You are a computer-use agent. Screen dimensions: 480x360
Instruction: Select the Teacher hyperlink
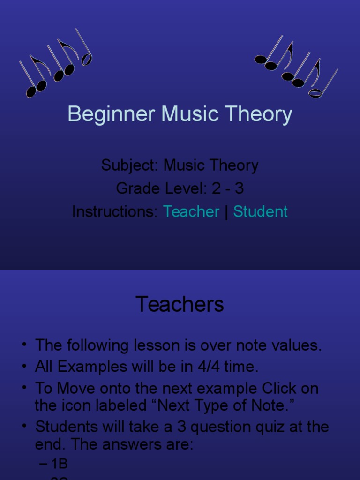click(x=191, y=212)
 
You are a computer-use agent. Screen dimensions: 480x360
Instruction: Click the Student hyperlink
click(x=260, y=212)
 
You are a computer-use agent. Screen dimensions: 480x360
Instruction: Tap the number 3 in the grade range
click(x=239, y=188)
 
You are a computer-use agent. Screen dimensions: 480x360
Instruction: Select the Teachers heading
click(x=180, y=305)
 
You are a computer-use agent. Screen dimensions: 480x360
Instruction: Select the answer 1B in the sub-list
click(x=60, y=464)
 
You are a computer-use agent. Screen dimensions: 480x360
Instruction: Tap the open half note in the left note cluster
click(x=87, y=59)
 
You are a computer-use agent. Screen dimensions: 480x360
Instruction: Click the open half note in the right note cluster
click(x=315, y=93)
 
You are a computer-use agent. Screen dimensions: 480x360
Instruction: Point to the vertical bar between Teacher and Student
click(x=226, y=212)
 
